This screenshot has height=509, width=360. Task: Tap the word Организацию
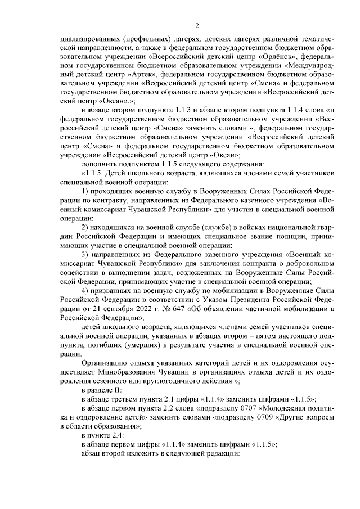tap(105, 364)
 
